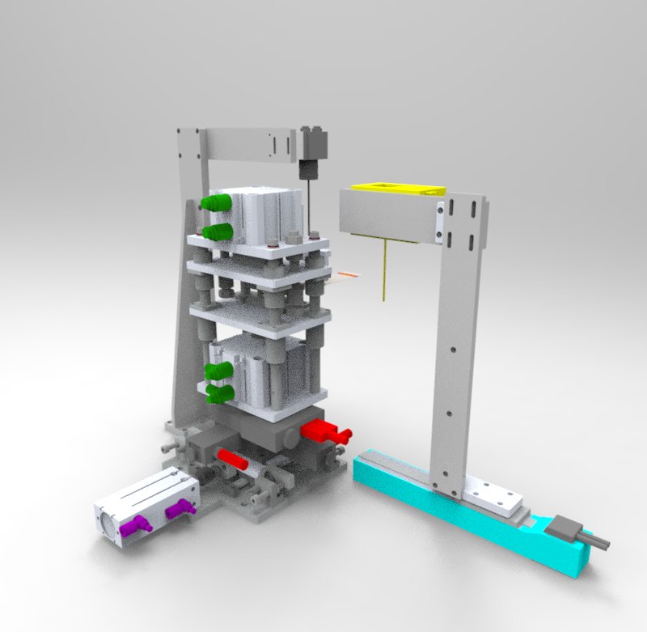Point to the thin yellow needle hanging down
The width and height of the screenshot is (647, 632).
(383, 271)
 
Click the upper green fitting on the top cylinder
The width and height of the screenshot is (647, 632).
(215, 201)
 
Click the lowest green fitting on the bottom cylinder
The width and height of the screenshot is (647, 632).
(219, 394)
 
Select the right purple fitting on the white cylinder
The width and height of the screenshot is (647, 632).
(180, 509)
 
